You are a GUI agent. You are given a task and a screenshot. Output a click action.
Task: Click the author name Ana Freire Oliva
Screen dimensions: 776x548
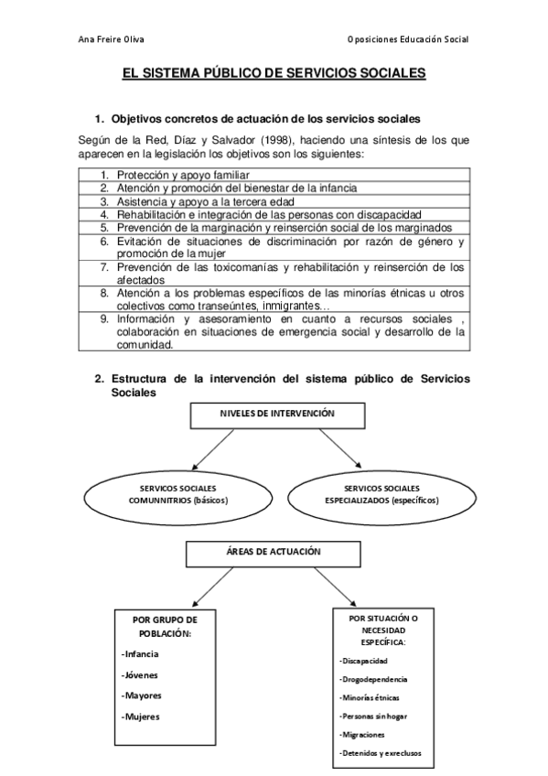point(111,40)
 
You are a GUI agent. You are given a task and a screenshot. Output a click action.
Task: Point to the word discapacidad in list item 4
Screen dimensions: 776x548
point(386,213)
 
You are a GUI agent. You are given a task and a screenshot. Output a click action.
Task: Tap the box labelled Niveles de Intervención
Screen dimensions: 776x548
point(276,414)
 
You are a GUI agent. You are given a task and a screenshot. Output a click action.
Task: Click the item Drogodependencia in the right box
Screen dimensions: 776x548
point(373,679)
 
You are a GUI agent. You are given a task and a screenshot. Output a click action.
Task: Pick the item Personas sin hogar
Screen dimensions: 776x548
point(371,717)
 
